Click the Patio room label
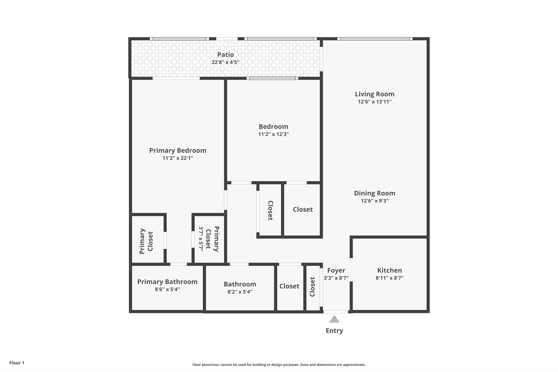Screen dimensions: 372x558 point(225,55)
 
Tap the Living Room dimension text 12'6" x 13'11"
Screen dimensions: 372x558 point(374,102)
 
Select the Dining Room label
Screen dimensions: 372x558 point(374,193)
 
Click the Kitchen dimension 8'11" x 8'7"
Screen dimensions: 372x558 point(389,278)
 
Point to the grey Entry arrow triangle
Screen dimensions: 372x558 point(334,319)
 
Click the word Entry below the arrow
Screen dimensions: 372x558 point(334,331)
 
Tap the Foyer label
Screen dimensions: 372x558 point(336,270)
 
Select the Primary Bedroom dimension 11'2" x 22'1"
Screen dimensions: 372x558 point(178,158)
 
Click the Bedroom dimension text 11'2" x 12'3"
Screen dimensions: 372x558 point(273,134)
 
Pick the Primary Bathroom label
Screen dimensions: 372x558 point(167,282)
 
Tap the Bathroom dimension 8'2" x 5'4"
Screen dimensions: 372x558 point(240,292)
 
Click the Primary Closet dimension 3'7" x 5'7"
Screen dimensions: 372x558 point(201,239)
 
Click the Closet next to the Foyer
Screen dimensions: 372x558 point(313,287)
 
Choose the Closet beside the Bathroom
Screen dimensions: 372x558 point(289,286)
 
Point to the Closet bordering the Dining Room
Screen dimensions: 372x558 point(302,209)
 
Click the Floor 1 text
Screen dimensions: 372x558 point(17,363)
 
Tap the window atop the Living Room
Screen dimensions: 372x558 point(375,39)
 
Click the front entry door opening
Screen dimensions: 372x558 point(336,312)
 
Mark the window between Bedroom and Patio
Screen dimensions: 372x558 point(272,78)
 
